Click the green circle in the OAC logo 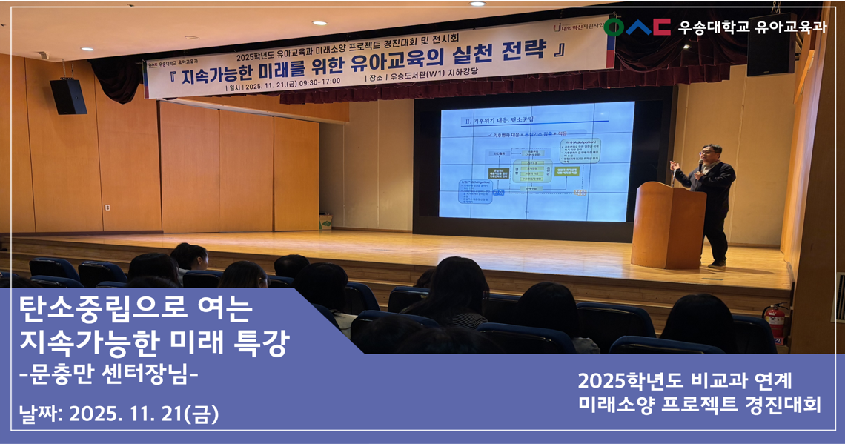614,27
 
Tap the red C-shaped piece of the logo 661,27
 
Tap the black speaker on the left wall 68,96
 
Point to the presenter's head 710,154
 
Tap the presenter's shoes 716,262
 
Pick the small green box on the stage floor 325,221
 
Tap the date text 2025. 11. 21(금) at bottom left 143,414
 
